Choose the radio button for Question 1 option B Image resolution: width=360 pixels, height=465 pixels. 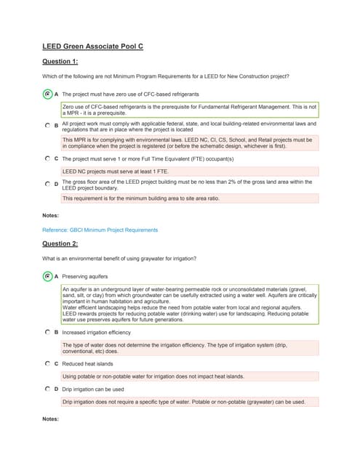pos(47,126)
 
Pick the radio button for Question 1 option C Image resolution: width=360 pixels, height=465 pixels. pos(47,158)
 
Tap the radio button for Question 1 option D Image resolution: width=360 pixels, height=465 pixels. pos(47,185)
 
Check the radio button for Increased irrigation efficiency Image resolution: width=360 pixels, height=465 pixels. pos(47,331)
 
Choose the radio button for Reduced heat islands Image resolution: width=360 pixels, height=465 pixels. pos(47,363)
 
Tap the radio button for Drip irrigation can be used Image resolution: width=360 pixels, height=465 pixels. pos(47,389)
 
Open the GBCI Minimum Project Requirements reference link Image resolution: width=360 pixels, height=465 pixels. pos(100,230)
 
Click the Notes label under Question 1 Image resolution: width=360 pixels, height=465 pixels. pos(52,215)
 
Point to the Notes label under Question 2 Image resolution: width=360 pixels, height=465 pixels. pos(52,419)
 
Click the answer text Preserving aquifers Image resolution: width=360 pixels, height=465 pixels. pos(84,276)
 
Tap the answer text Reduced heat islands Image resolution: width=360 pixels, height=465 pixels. pos(87,363)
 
